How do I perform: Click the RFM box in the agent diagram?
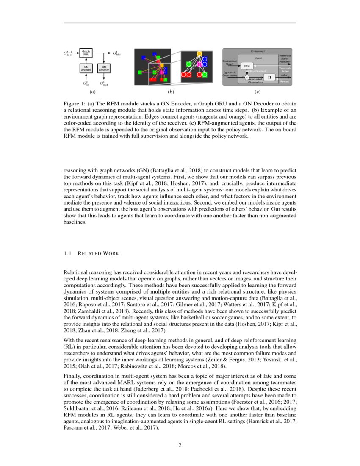pyautogui.click(x=247, y=66)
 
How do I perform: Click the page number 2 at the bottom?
pyautogui.click(x=180, y=445)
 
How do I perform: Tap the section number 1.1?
pyautogui.click(x=67, y=254)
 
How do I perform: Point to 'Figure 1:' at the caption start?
pyautogui.click(x=74, y=104)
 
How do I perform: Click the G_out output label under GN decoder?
pyautogui.click(x=104, y=83)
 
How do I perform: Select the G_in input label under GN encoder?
pyautogui.click(x=86, y=83)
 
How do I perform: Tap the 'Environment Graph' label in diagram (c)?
pyautogui.click(x=230, y=62)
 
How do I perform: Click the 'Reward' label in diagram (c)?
pyautogui.click(x=285, y=81)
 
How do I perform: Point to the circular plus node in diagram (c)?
pyautogui.click(x=247, y=77)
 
